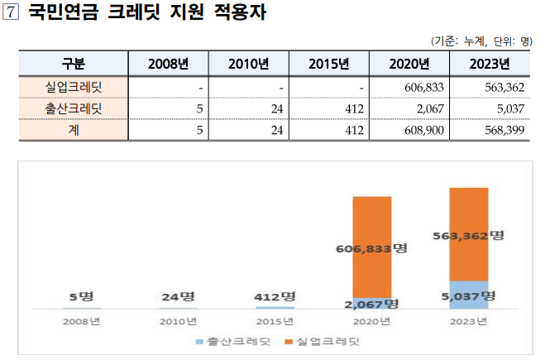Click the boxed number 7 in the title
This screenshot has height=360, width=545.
point(12,15)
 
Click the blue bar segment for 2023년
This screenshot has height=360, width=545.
point(468,295)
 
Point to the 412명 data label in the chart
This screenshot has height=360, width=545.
point(275,296)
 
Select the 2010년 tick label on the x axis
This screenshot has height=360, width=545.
point(178,321)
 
